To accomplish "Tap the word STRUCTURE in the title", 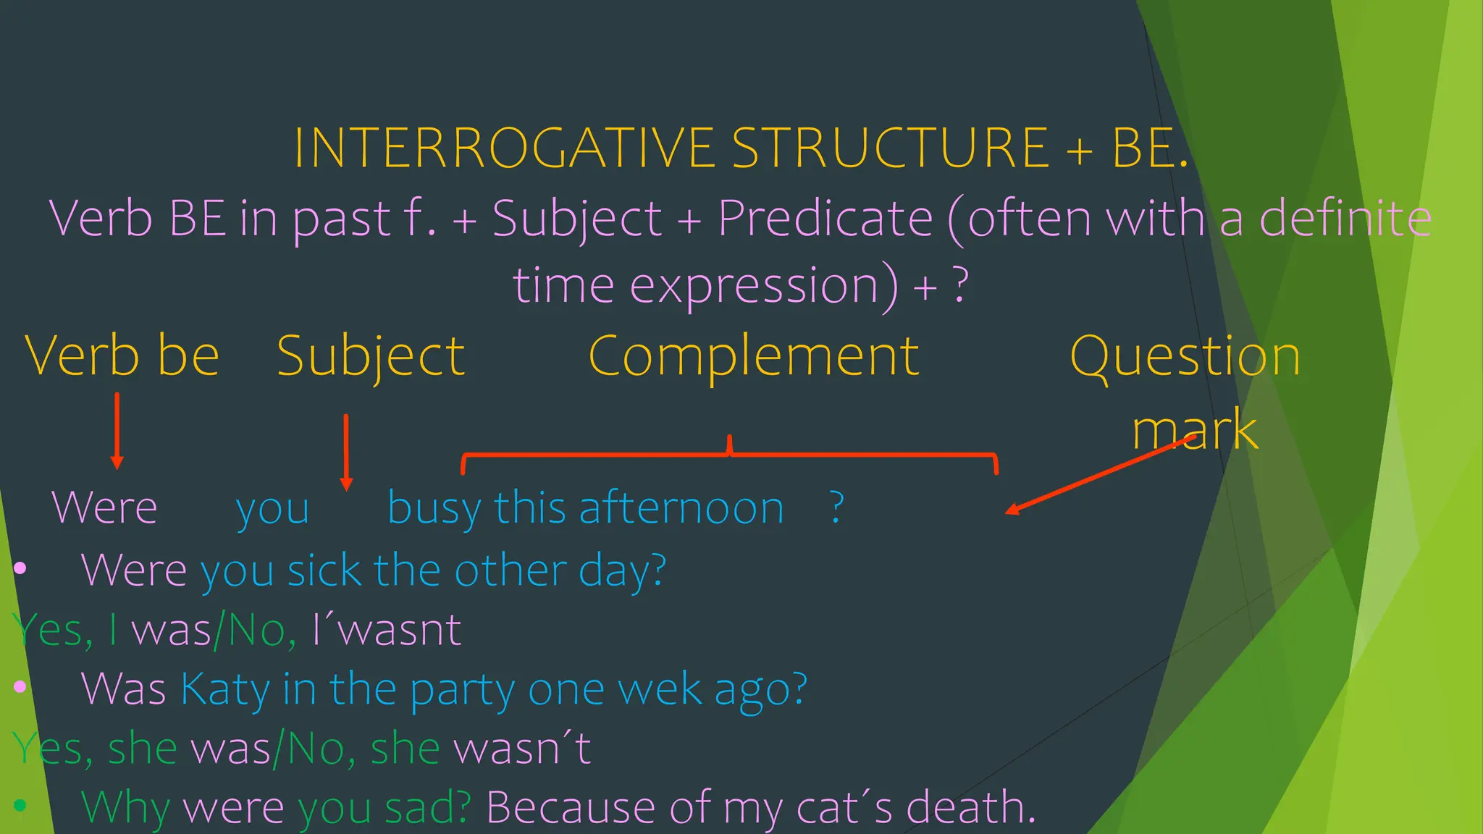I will coord(890,148).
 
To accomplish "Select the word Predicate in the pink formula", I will coord(825,218).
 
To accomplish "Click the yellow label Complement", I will coord(754,356).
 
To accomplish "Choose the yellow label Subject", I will coord(371,356).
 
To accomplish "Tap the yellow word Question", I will coord(1185,356).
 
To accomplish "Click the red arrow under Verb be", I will coord(117,431).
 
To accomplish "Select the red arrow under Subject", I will coord(346,452).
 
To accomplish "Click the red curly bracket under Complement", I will coord(729,455).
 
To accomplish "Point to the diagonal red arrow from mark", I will coord(1101,474).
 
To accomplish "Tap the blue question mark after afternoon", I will coord(836,507).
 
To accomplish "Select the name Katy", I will coord(224,688).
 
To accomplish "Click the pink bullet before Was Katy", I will coord(20,686).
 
